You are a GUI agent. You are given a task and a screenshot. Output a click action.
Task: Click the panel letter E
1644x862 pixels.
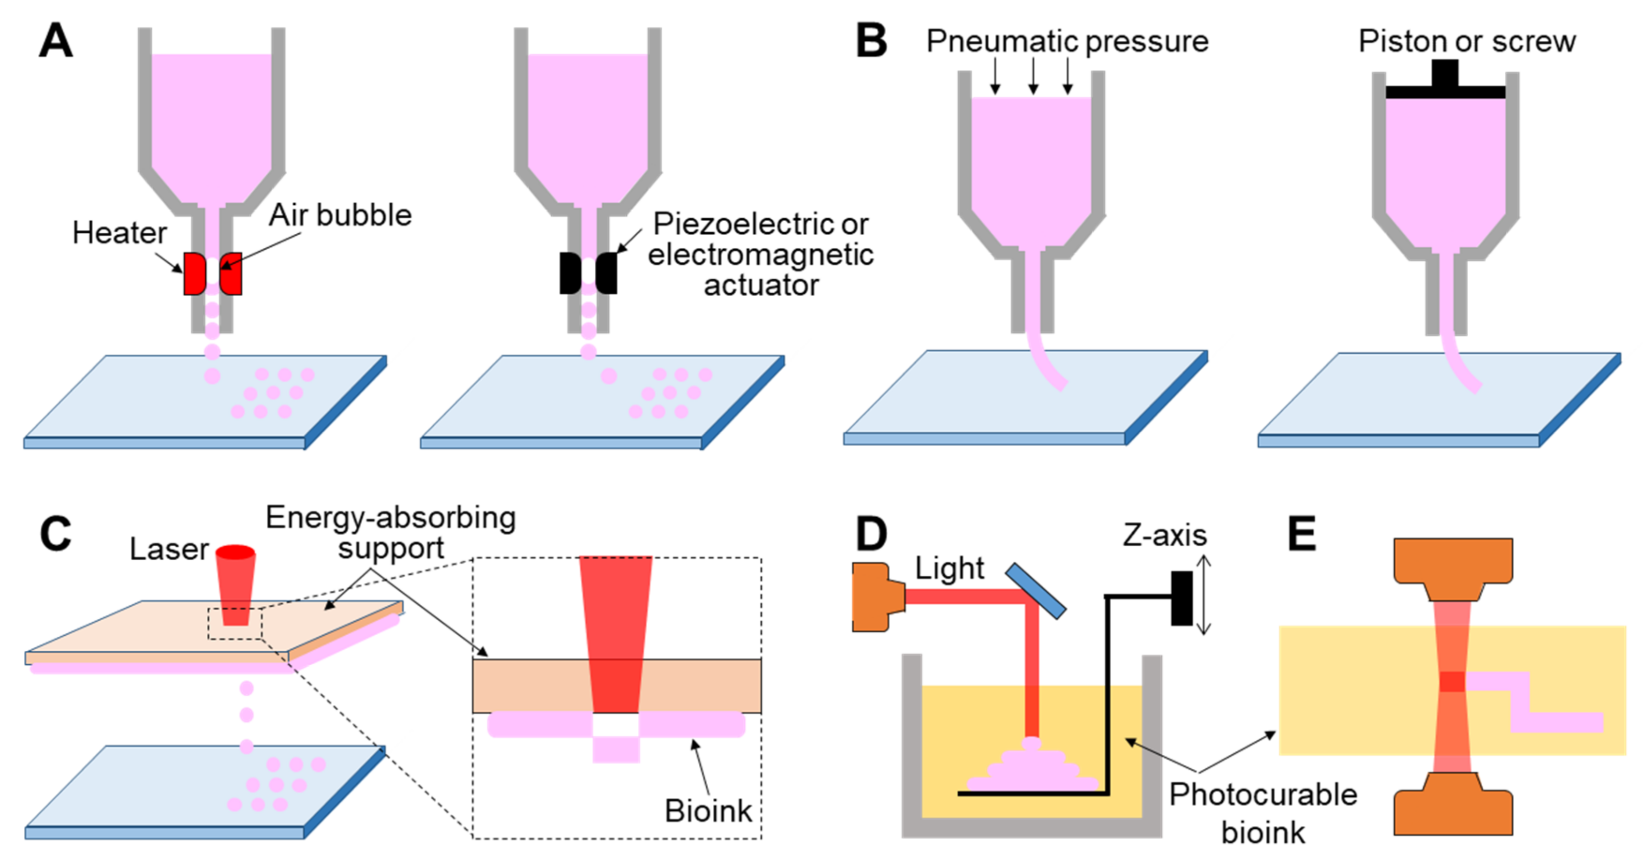(x=1302, y=534)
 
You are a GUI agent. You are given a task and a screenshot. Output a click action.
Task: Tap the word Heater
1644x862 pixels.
(x=120, y=233)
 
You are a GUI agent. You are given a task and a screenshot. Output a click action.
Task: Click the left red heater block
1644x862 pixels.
(x=194, y=273)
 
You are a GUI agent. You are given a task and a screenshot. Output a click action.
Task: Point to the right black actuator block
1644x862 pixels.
(x=607, y=273)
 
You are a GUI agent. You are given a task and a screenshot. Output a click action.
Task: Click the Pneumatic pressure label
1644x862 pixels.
(x=1067, y=42)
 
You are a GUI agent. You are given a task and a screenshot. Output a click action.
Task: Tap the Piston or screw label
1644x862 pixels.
(x=1466, y=42)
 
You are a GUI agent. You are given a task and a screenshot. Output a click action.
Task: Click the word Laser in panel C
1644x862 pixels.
(x=169, y=549)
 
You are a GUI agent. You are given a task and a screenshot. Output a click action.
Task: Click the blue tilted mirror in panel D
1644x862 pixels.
(x=1035, y=591)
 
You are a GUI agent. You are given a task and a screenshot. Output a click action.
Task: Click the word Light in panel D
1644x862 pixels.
(x=949, y=568)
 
